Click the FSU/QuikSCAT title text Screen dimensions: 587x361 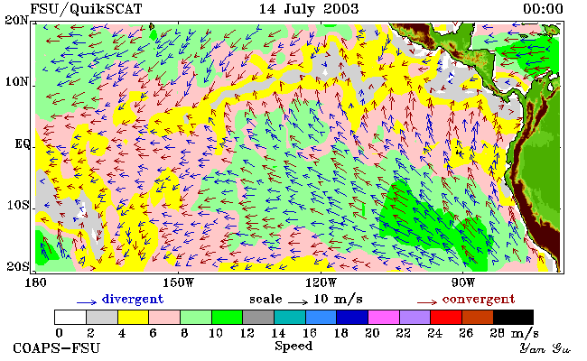pos(86,9)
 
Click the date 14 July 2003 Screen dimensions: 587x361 pos(309,9)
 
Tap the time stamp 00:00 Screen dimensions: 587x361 pos(543,9)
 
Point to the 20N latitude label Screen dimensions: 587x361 pos(16,20)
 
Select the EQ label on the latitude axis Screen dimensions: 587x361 pos(23,143)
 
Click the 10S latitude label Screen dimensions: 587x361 pos(18,205)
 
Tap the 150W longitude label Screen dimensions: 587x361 pos(179,282)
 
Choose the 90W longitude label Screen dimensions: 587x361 pos(463,282)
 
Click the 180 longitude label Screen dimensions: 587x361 pos(35,282)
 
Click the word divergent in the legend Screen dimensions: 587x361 pos(133,299)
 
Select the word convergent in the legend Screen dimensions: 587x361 pos(479,300)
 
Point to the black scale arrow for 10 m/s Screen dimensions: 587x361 pos(298,301)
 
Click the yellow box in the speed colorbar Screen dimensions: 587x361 pos(134,318)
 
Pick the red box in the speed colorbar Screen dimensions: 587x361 pos(446,318)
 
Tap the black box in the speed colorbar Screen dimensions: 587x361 pos(513,318)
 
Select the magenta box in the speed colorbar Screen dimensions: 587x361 pos(383,318)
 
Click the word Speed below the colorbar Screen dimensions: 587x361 pos(293,346)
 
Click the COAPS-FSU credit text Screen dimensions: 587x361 pos(57,348)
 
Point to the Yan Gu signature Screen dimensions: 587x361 pos(545,348)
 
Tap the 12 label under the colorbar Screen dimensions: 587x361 pos(247,333)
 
